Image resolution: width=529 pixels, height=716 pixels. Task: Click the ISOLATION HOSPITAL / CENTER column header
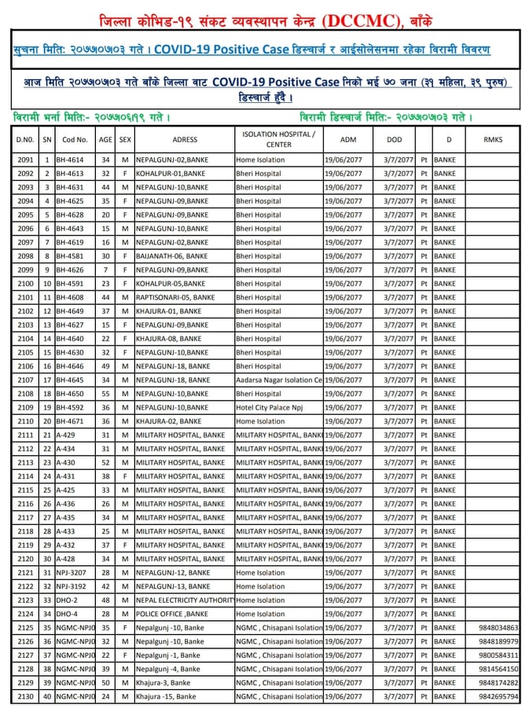click(279, 139)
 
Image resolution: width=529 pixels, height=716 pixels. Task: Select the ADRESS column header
click(184, 139)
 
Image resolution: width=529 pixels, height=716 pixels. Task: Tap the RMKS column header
click(494, 139)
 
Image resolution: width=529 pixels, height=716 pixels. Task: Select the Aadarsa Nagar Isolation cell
click(279, 380)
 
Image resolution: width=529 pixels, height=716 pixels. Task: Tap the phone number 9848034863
click(498, 628)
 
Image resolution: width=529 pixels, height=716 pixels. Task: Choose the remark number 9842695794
click(498, 696)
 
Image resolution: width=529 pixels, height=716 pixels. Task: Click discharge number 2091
click(24, 160)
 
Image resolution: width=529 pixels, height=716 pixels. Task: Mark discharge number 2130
click(24, 696)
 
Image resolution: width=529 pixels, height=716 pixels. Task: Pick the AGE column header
click(105, 139)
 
